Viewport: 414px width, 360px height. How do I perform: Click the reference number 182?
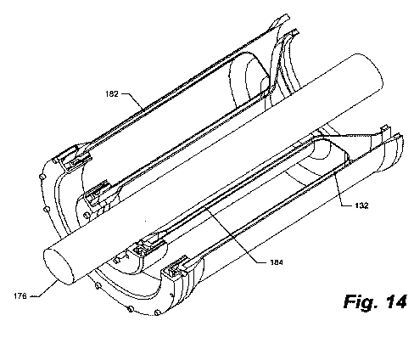[112, 93]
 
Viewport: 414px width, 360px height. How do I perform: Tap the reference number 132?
[362, 205]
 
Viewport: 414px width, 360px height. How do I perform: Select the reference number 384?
[277, 262]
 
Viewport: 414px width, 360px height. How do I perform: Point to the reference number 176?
[20, 296]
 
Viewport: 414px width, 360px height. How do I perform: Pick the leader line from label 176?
[45, 290]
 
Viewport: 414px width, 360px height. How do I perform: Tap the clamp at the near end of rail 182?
[74, 159]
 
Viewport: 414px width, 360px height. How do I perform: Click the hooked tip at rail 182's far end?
[283, 20]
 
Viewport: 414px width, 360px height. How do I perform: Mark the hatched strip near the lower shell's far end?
[358, 136]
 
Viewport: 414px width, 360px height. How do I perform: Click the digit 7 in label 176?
[20, 296]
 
